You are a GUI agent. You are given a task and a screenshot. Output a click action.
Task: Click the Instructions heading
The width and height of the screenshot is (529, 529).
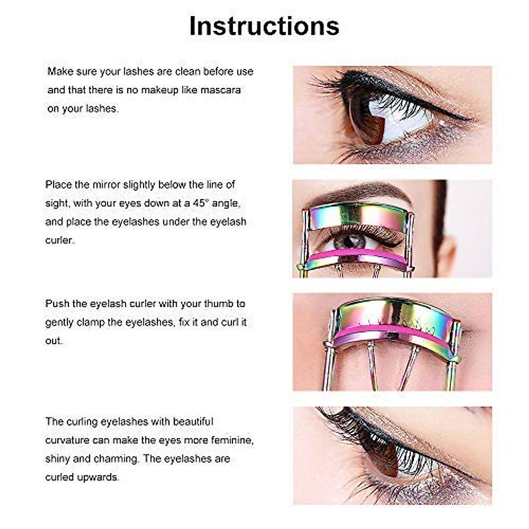point(264,26)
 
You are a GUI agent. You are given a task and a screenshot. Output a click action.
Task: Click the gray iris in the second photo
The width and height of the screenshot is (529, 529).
point(350,242)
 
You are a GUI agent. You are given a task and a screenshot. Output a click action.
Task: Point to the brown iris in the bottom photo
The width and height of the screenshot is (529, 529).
point(375,454)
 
